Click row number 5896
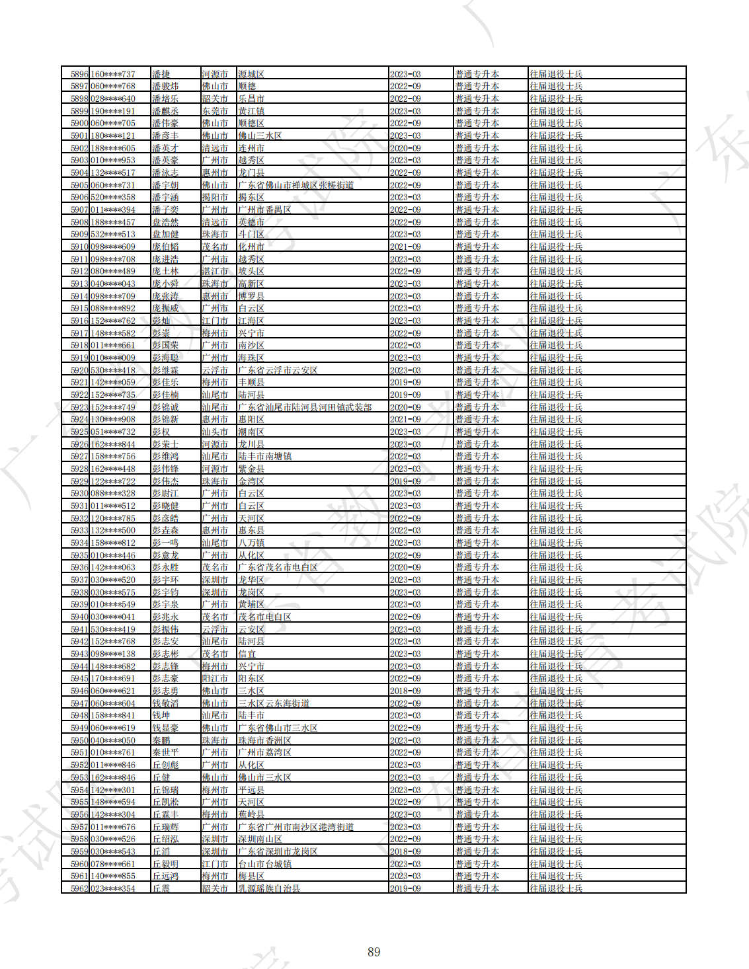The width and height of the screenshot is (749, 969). point(79,74)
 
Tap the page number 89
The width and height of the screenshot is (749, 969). point(374,952)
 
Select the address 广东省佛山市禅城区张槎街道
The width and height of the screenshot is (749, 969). point(296,185)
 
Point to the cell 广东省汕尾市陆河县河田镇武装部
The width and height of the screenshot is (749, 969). point(305,407)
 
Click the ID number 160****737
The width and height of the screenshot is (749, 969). point(113,74)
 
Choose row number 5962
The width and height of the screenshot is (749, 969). point(79,888)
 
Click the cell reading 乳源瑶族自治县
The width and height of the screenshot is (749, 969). point(269,888)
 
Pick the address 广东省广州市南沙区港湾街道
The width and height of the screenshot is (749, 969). point(296,827)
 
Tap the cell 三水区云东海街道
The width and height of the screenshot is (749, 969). point(274,703)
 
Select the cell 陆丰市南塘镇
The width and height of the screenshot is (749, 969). point(264,456)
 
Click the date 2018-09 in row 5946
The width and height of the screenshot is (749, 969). point(405,691)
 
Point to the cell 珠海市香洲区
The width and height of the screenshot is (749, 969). point(264,740)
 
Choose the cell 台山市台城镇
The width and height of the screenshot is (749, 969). point(264,864)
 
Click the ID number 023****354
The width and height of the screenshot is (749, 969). point(113,888)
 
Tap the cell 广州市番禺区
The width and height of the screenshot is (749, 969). point(264,210)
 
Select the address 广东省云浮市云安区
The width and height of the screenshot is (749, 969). point(278,370)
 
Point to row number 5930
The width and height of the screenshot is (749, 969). point(79,493)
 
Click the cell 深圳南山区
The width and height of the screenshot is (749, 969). point(260,839)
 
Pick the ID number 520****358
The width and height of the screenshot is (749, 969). point(113,197)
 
